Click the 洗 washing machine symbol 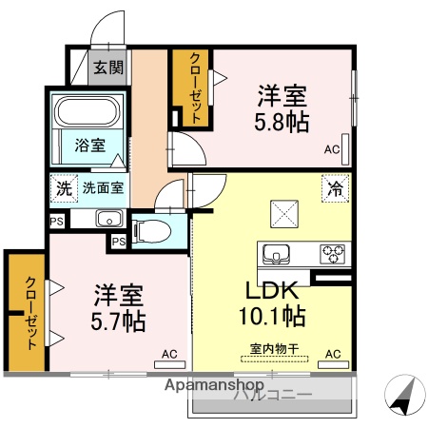coord(63,187)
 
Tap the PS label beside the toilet coord(118,243)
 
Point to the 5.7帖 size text coord(118,321)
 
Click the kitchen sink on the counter coord(278,253)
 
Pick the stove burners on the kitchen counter coord(333,253)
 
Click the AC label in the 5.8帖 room coord(331,149)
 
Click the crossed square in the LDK coord(283,213)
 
